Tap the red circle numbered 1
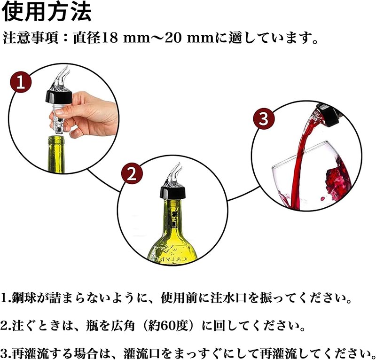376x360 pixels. click(21, 83)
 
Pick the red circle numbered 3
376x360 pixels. click(264, 118)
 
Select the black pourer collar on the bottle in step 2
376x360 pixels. click(173, 193)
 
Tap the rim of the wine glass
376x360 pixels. click(305, 153)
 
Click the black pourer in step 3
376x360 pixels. click(330, 115)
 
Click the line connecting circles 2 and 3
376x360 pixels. click(243, 193)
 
